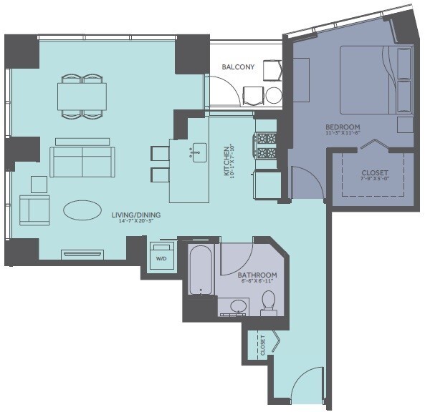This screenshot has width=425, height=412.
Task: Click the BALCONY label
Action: pos(238,67)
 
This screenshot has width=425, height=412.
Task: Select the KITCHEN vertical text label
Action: pos(226,162)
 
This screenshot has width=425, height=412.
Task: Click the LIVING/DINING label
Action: pos(135,214)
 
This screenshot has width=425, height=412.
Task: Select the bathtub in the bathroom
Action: pos(201,270)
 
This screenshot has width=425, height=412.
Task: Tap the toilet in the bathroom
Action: pos(269,301)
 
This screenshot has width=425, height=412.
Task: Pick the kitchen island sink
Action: pos(199,152)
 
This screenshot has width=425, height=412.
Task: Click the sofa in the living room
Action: pos(81,161)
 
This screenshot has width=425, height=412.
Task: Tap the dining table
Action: pos(82,95)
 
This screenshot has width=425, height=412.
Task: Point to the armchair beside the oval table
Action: pos(34,210)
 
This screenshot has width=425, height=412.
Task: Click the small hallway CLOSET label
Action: pos(262,345)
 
